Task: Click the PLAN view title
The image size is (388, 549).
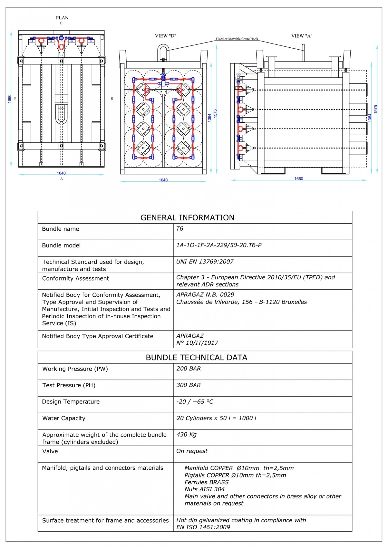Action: [x=62, y=18]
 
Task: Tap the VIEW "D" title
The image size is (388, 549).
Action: [x=166, y=36]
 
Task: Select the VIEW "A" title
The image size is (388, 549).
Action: [x=302, y=36]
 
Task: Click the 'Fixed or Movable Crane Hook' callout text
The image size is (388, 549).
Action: [x=237, y=39]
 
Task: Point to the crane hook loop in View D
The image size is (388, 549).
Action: [x=163, y=52]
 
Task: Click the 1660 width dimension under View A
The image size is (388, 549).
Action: [x=299, y=179]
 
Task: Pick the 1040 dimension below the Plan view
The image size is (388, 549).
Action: [x=61, y=173]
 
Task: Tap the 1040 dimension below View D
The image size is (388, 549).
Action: [x=163, y=180]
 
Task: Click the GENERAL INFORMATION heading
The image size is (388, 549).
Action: [x=187, y=218]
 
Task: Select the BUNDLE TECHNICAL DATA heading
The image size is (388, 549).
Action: [x=196, y=358]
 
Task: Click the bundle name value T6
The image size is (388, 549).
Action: [x=180, y=229]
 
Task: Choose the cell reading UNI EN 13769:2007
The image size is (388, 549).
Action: [x=205, y=261]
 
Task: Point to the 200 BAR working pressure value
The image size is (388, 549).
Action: [x=189, y=368]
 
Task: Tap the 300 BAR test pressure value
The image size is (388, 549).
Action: [x=189, y=385]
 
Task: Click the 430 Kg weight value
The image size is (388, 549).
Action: [x=186, y=434]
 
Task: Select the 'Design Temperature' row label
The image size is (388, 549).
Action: [x=71, y=401]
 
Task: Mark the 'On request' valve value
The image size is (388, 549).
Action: [x=192, y=451]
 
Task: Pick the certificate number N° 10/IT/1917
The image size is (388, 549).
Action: [x=197, y=343]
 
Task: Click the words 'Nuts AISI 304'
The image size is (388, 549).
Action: [x=205, y=489]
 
